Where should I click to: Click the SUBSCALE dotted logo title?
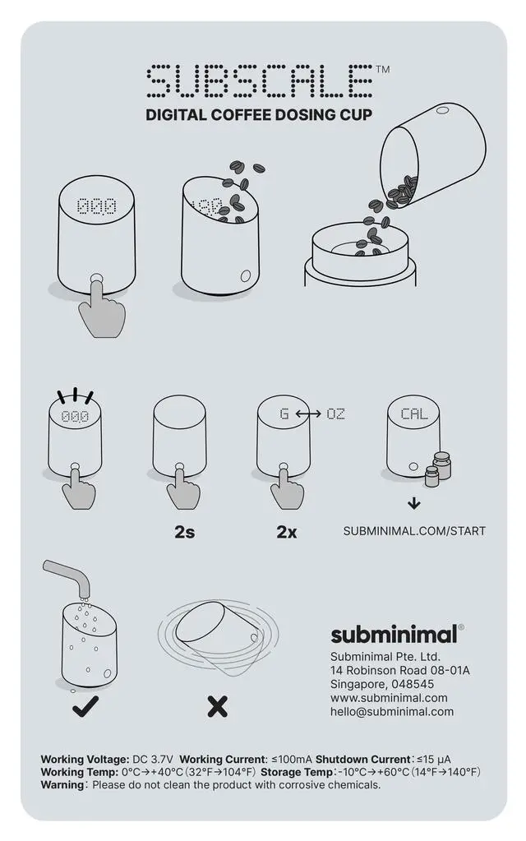260,81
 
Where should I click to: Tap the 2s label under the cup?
184,532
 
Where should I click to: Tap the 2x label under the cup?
287,532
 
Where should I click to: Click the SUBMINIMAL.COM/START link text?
414,531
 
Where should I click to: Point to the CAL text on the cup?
414,414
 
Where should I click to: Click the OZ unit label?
335,414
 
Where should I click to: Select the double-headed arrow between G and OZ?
308,414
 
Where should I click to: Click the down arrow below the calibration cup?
414,504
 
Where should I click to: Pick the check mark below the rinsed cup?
85,706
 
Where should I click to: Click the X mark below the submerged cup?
217,706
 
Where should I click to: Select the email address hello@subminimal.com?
392,712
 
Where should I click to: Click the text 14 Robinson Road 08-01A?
400,671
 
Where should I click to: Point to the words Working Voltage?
85,760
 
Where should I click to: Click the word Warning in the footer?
62,785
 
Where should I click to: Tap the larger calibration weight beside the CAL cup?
442,465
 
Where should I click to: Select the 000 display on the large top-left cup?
96,206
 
